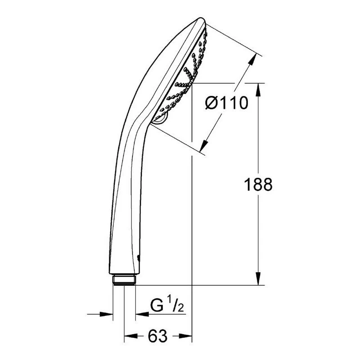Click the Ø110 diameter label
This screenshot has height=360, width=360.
click(227, 103)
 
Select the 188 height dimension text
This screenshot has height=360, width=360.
click(258, 184)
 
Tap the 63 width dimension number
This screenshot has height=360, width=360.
click(158, 336)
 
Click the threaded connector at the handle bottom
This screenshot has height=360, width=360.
click(124, 280)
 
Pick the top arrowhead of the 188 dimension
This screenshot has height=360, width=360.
click(258, 89)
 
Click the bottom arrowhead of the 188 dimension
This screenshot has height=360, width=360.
click(258, 279)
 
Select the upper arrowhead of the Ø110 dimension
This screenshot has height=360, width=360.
click(252, 59)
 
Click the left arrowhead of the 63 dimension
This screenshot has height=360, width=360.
click(130, 336)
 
